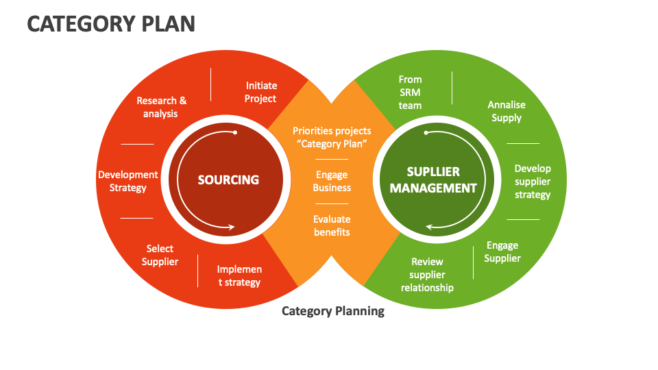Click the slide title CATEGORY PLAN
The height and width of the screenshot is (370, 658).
click(111, 24)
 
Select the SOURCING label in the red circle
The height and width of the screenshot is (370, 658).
click(228, 180)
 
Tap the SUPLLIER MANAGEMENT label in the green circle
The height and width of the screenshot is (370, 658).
click(433, 180)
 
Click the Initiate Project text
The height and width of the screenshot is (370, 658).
click(261, 92)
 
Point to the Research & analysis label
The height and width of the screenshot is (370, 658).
click(161, 107)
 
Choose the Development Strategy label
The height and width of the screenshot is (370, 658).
click(128, 181)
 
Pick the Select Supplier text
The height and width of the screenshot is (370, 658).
click(160, 255)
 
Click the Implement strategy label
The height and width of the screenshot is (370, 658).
click(239, 275)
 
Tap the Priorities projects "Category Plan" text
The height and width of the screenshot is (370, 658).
click(332, 137)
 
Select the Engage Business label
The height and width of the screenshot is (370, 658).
click(332, 181)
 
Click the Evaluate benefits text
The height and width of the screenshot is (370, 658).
click(332, 225)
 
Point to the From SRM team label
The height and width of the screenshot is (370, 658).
click(410, 92)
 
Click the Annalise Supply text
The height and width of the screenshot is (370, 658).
click(507, 111)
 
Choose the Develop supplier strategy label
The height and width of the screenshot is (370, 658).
click(533, 182)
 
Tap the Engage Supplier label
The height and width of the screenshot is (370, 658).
click(502, 251)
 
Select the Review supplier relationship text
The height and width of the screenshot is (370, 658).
click(427, 275)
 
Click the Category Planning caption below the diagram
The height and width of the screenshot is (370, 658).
click(333, 311)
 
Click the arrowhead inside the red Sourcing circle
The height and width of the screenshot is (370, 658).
click(234, 227)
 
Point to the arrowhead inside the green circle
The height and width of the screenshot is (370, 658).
click(429, 227)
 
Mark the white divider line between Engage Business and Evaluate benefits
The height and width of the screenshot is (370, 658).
click(332, 203)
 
